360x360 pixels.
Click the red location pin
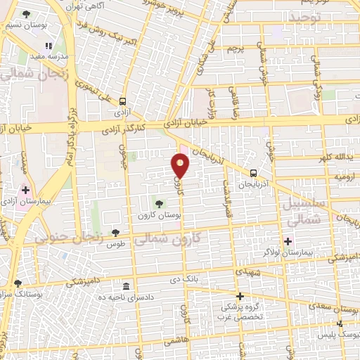tap(181, 165)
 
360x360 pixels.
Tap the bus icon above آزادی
tap(124, 101)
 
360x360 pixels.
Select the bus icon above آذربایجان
tap(252, 173)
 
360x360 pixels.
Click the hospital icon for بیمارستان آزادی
tap(26, 189)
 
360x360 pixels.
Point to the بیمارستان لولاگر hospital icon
tap(288, 241)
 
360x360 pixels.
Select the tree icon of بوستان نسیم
tap(26, 14)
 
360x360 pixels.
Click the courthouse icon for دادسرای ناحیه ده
tap(126, 286)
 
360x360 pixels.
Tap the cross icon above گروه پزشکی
tap(240, 296)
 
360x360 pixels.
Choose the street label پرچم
tap(236, 49)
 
